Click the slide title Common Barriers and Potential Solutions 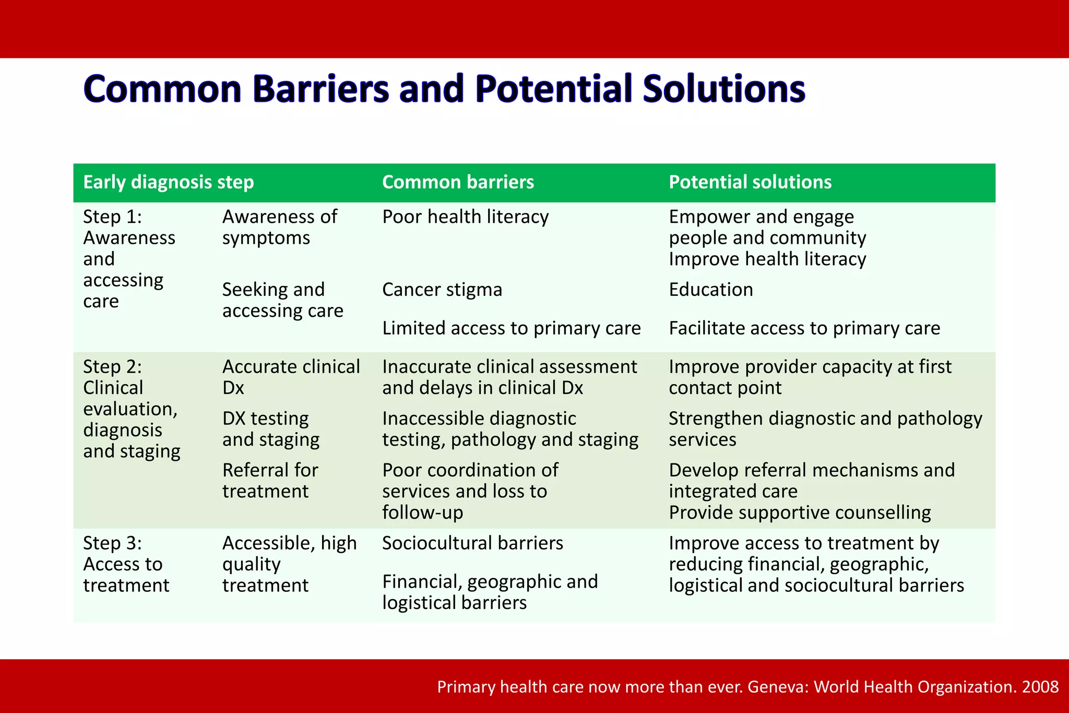click(x=444, y=88)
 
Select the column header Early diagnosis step click(x=169, y=182)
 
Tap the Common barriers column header click(x=458, y=182)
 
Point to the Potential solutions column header click(x=750, y=182)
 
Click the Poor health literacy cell click(x=465, y=217)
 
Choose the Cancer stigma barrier click(x=442, y=290)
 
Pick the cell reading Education click(x=711, y=290)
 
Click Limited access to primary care click(x=511, y=328)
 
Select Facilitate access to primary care click(x=804, y=328)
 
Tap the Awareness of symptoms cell click(x=280, y=227)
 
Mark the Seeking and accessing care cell click(x=282, y=300)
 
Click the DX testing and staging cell click(x=271, y=429)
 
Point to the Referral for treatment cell click(x=270, y=481)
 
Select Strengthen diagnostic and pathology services click(x=825, y=429)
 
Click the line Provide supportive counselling click(x=800, y=513)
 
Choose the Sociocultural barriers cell click(x=472, y=543)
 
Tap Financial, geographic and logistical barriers click(x=490, y=592)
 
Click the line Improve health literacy click(x=767, y=259)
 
